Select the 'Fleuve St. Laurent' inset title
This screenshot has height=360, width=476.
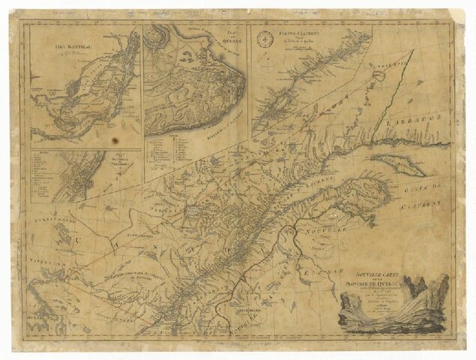tap(289, 34)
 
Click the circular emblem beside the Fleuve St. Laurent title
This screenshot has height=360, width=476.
tap(265, 35)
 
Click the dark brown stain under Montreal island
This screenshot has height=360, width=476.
tap(115, 140)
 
